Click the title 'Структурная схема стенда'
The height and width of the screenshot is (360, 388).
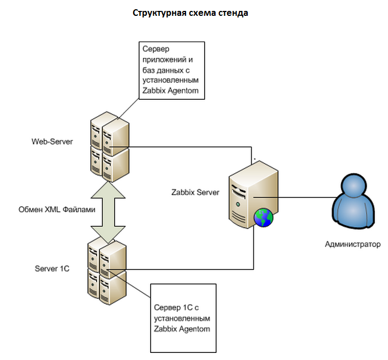[x=190, y=13]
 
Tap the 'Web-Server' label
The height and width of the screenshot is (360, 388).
[x=52, y=142]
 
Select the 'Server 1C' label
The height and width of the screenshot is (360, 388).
[x=52, y=268]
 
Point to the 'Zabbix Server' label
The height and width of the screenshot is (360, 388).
[x=195, y=193]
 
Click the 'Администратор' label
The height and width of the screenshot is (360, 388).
[x=353, y=244]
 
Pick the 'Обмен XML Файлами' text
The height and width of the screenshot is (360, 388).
[x=57, y=209]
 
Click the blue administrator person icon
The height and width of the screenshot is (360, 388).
[x=353, y=201]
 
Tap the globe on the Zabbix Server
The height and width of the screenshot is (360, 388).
[x=264, y=218]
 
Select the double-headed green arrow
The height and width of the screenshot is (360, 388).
[x=108, y=212]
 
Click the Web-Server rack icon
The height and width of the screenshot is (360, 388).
[x=110, y=147]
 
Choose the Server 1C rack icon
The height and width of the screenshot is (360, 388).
[x=107, y=271]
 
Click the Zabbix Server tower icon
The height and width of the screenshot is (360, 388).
[x=253, y=194]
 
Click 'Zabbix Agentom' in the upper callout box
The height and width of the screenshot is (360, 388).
[x=170, y=91]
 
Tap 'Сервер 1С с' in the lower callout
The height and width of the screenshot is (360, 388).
[x=176, y=308]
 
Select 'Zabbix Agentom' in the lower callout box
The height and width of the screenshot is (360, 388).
[x=182, y=329]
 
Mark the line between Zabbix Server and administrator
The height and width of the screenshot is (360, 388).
[x=295, y=197]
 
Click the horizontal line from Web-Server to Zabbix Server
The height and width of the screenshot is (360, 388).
[x=181, y=147]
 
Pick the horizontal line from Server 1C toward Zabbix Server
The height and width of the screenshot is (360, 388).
[x=180, y=269]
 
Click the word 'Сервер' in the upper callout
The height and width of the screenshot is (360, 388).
[x=156, y=49]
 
